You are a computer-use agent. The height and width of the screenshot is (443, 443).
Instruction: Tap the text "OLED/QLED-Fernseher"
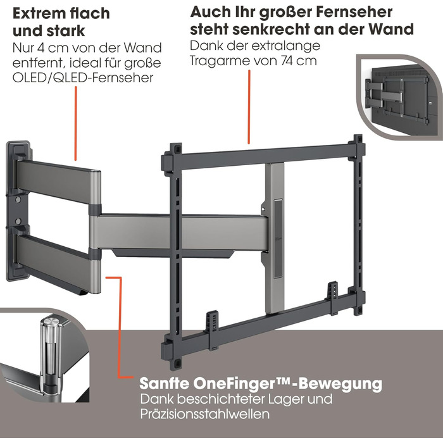[x=83, y=78]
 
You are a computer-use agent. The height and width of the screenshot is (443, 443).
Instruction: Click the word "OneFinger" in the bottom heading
[x=239, y=384]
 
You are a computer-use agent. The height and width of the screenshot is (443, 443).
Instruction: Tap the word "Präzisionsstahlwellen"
[x=204, y=414]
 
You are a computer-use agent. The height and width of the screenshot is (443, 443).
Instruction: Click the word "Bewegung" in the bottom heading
[x=340, y=384]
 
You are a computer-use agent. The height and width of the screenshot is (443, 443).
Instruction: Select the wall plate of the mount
[x=18, y=211]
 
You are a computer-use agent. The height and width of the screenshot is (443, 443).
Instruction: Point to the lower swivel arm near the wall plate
[x=58, y=261]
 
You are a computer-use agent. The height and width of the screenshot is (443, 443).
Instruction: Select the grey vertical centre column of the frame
[x=274, y=237]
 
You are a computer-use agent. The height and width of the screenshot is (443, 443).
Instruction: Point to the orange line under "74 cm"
[x=249, y=107]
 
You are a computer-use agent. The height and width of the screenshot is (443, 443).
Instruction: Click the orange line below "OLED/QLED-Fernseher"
[x=75, y=123]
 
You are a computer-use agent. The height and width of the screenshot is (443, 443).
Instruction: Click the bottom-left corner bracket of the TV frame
[x=172, y=353]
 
